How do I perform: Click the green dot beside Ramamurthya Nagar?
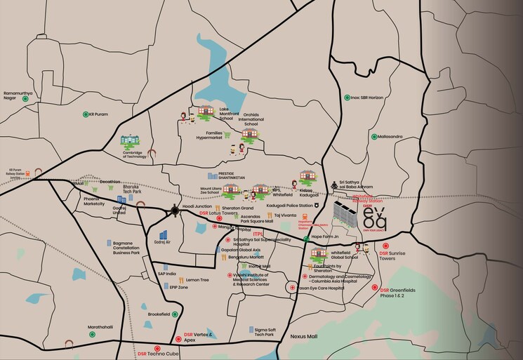pyautogui.click(x=25, y=99)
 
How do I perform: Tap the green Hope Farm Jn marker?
pyautogui.click(x=305, y=239)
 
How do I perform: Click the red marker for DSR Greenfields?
pyautogui.click(x=374, y=288)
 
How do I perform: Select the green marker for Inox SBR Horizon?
pyautogui.click(x=345, y=98)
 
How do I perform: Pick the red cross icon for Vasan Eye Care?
pyautogui.click(x=291, y=288)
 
